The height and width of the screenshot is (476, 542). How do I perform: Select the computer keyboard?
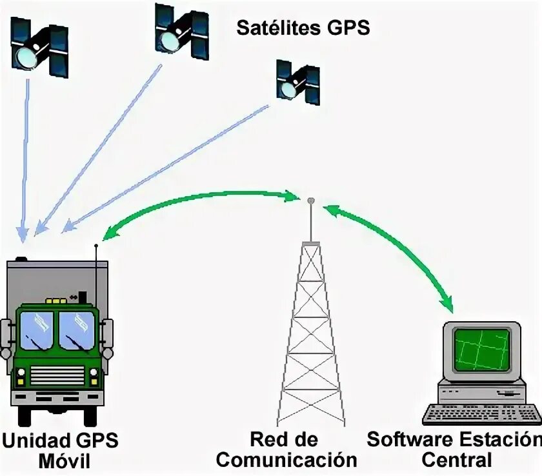click(x=481, y=413)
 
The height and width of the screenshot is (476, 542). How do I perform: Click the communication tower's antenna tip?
click(x=310, y=201)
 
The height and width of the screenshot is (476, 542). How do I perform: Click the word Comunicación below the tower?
click(x=286, y=460)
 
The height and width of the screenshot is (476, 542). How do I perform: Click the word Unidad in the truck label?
click(x=33, y=441)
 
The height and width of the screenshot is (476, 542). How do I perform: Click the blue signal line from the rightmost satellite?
click(x=168, y=165)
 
